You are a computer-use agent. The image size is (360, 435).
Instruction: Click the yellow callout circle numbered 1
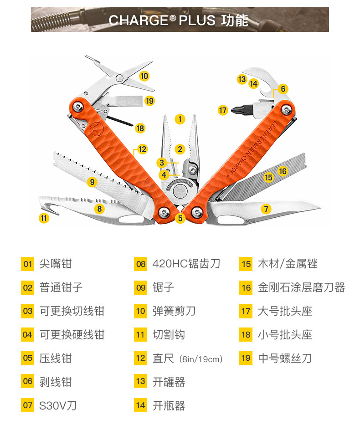(180, 119)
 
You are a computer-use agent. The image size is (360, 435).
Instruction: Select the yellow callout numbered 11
(44, 218)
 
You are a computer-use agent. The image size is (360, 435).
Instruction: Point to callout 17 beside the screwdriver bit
(222, 110)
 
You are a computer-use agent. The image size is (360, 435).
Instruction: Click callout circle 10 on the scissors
(144, 76)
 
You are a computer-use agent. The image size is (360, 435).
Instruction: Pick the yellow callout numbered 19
(149, 101)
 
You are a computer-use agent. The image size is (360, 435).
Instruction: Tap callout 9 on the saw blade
(93, 182)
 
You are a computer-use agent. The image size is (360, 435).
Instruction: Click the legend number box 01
(28, 264)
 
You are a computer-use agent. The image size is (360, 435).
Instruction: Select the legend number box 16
(246, 287)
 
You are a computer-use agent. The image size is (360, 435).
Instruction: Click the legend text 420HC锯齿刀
(186, 264)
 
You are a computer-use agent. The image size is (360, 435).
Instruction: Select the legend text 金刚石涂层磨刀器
(301, 287)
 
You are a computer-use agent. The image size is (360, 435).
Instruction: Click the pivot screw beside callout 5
(165, 211)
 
